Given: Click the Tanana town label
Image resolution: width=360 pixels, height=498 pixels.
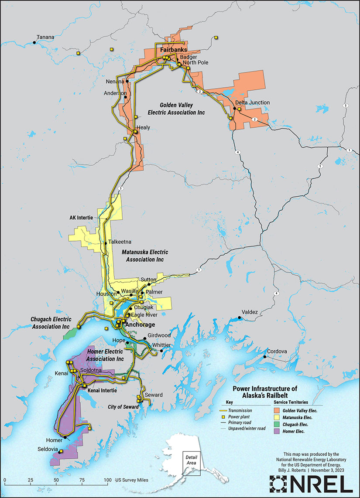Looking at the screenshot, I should click(46, 37).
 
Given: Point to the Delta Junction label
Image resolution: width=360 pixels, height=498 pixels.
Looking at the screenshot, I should click(252, 102).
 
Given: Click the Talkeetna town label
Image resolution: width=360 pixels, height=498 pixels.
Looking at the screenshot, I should click(120, 242).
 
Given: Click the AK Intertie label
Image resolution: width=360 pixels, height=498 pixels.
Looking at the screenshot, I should click(82, 217).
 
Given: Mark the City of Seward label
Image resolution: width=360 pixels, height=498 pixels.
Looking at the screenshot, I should click(123, 407).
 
